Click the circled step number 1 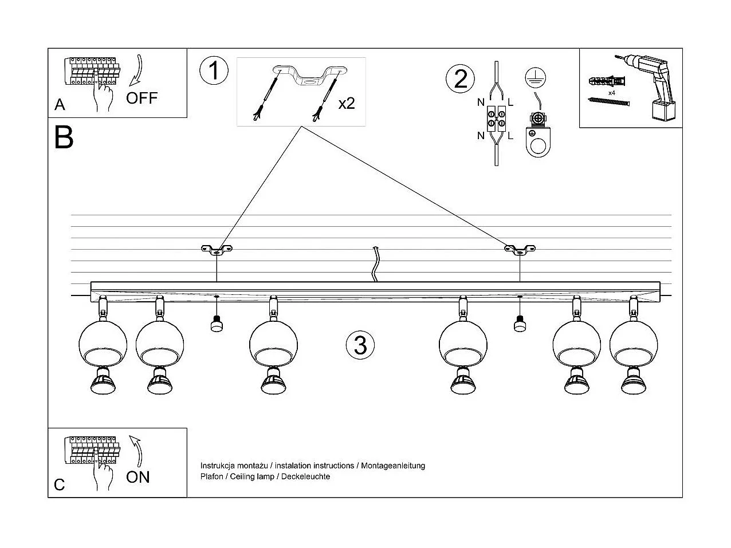click(x=214, y=72)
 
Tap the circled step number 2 click(x=461, y=78)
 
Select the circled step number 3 click(x=360, y=345)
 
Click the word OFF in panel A click(x=142, y=98)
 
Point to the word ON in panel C click(x=137, y=477)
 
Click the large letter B click(x=64, y=137)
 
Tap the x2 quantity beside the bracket click(x=346, y=103)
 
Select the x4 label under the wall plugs click(x=612, y=92)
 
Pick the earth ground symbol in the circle click(x=535, y=78)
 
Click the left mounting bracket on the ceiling click(x=217, y=249)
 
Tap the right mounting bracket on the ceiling click(x=520, y=249)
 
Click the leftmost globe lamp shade click(x=103, y=344)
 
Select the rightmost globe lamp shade click(x=634, y=344)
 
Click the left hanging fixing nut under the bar click(x=217, y=324)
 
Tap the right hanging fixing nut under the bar click(x=520, y=324)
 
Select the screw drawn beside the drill click(x=609, y=101)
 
